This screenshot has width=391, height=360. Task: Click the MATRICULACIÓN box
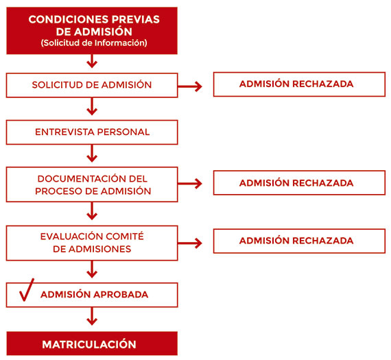point(92,344)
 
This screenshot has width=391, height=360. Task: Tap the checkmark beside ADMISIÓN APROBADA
point(26,291)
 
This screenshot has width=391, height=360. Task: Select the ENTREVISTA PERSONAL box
point(92,132)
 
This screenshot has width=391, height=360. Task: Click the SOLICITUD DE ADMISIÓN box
point(92,85)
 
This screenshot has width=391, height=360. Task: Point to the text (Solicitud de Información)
point(94,43)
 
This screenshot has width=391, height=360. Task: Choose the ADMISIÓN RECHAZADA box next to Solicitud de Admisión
point(299,84)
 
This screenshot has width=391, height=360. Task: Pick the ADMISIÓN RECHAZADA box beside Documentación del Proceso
point(299,182)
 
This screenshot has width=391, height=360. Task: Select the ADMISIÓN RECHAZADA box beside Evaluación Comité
point(299,241)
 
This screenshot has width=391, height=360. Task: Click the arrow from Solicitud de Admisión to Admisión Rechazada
point(190,86)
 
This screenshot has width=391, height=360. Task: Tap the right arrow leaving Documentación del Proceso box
point(190,184)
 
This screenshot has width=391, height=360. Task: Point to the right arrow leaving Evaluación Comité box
point(190,243)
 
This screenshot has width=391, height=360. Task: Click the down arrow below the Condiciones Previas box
point(92,61)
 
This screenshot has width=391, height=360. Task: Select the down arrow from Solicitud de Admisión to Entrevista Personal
point(92,106)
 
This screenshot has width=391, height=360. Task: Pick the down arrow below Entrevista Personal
point(92,154)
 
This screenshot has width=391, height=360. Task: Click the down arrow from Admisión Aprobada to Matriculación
point(92,316)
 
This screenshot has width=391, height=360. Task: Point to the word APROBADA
point(121,294)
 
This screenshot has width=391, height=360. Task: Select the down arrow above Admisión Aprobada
point(92,269)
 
